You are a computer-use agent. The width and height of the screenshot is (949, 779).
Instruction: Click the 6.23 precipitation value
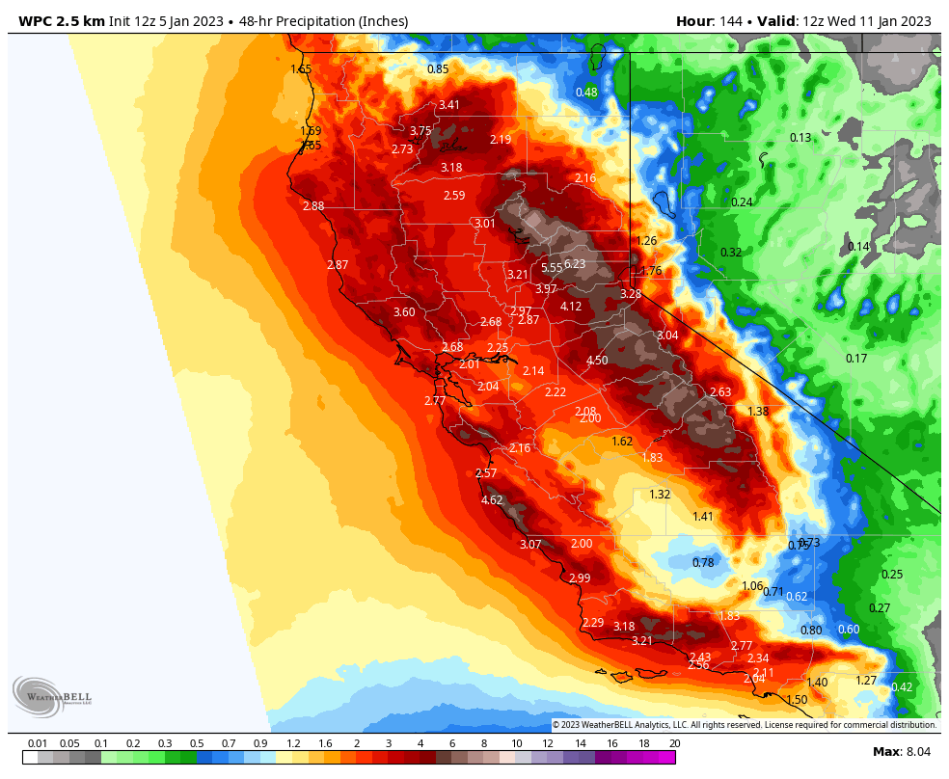tap(575, 263)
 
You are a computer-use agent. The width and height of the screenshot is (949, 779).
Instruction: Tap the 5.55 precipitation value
tap(552, 268)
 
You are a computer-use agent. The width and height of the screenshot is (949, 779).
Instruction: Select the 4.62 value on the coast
tap(492, 499)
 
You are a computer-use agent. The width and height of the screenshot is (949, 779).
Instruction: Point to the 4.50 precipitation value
tap(597, 361)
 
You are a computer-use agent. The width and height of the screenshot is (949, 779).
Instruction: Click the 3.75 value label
tap(420, 131)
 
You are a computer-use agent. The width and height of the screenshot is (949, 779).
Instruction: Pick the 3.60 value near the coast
tap(404, 311)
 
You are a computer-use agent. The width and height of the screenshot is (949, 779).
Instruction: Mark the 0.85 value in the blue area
tap(438, 68)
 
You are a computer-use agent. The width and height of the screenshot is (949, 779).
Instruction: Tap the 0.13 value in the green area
tap(800, 138)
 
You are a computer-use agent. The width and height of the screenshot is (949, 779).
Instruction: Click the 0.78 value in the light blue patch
tap(703, 562)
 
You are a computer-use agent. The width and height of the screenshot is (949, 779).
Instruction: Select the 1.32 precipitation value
tap(660, 494)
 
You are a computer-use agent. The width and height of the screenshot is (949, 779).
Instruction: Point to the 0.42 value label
tap(902, 686)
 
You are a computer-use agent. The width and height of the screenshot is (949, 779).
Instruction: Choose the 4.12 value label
tap(571, 307)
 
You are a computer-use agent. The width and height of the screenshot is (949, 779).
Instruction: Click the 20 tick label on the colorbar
tap(674, 743)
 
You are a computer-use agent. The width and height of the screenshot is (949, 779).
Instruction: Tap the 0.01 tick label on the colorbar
tap(39, 743)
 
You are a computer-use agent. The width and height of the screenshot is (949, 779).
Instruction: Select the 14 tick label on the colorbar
tap(581, 743)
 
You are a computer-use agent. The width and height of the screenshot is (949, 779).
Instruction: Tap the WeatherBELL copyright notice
tap(744, 724)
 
